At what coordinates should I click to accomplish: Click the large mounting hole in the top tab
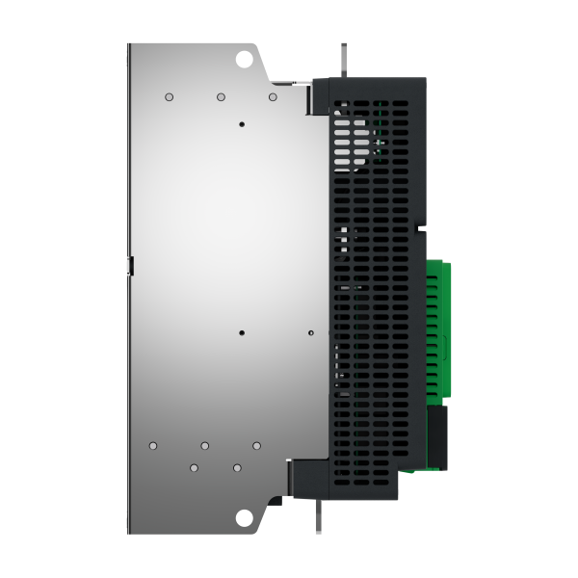click(245, 58)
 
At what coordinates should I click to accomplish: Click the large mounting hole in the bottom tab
click(245, 518)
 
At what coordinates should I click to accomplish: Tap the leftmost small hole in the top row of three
click(169, 97)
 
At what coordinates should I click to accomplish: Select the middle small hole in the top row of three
click(221, 97)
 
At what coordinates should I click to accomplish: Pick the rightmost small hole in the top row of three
click(273, 97)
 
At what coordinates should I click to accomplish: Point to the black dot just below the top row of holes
click(242, 124)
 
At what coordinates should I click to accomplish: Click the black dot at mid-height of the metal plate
click(242, 333)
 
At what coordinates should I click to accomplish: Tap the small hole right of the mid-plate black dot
click(310, 333)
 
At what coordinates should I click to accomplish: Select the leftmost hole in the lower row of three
click(153, 445)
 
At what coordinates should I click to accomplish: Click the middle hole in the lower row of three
click(205, 445)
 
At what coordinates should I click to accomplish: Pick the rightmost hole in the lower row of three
click(256, 445)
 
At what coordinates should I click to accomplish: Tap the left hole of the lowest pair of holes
click(194, 467)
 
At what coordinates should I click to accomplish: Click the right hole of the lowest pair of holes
click(237, 467)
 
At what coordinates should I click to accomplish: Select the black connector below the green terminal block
click(437, 438)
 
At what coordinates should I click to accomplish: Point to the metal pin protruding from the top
click(342, 60)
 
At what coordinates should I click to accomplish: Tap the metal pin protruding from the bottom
click(317, 514)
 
